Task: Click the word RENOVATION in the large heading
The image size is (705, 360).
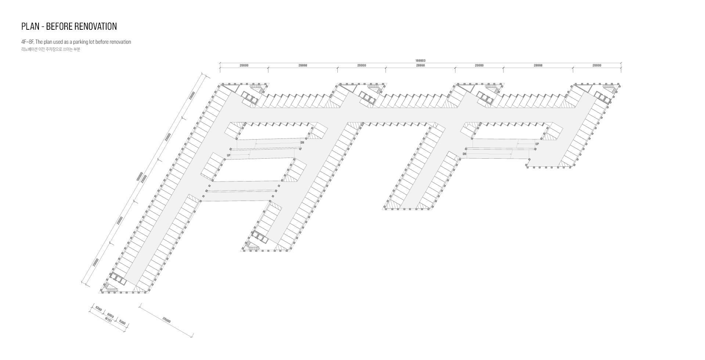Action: point(95,26)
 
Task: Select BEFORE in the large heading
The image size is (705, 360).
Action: point(59,26)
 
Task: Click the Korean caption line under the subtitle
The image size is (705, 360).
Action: point(51,50)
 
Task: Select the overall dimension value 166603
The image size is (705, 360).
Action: point(420,61)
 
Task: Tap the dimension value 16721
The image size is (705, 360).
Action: point(108,320)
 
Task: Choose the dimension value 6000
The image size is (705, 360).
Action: point(110,316)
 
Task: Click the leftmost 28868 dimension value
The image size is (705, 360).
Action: point(303,65)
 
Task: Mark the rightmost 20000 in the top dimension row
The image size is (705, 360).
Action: point(597,65)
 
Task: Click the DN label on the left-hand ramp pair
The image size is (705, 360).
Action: point(302,143)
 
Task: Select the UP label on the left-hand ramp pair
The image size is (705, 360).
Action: point(229,155)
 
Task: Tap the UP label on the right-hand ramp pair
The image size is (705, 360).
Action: point(537,144)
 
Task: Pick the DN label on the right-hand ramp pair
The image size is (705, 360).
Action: point(464,154)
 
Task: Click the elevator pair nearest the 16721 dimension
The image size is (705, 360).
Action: point(118,278)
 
